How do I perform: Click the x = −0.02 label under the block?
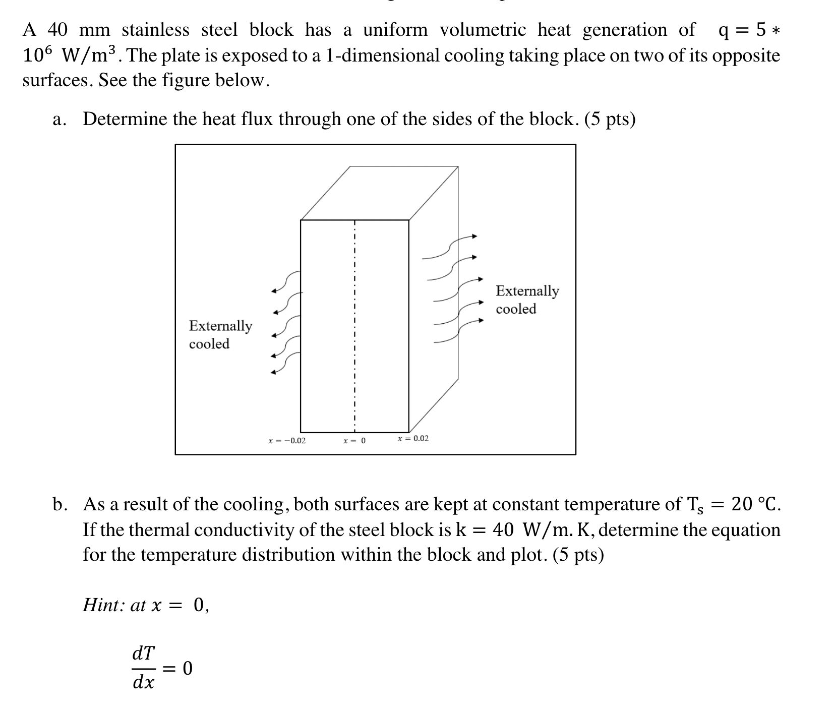tap(287, 441)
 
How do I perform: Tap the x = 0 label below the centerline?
tap(354, 441)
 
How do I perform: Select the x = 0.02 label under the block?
tap(413, 438)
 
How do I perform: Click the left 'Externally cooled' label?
tap(220, 334)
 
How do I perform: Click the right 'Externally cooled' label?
tap(527, 300)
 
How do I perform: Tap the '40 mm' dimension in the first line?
tap(79, 30)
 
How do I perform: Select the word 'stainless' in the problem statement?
tap(155, 30)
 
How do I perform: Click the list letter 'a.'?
tap(60, 120)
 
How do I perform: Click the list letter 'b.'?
tap(60, 504)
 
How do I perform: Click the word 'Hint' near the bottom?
tap(104, 605)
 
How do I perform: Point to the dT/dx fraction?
tap(144, 668)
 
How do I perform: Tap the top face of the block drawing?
tap(379, 194)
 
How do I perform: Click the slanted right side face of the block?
tap(434, 303)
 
